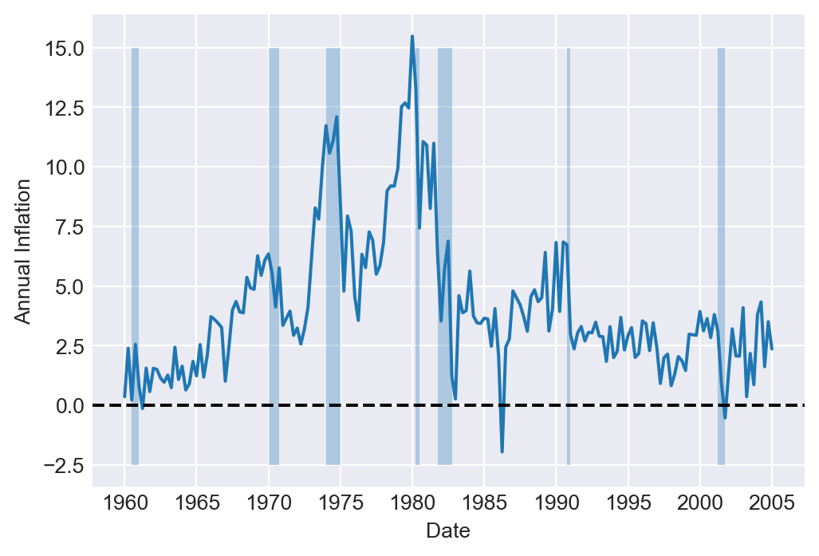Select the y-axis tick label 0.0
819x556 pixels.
(x=69, y=405)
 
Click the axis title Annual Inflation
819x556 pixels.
(x=23, y=250)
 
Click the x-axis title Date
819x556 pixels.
(x=447, y=530)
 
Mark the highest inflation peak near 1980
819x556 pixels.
(x=412, y=36)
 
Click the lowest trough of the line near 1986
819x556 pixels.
(x=502, y=452)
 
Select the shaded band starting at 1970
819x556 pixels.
(x=274, y=255)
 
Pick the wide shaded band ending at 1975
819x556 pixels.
(x=333, y=255)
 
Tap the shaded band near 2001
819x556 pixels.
(x=721, y=255)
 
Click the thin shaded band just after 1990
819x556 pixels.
(x=568, y=255)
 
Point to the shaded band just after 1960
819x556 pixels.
(x=135, y=255)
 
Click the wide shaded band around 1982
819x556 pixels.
(x=445, y=255)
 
